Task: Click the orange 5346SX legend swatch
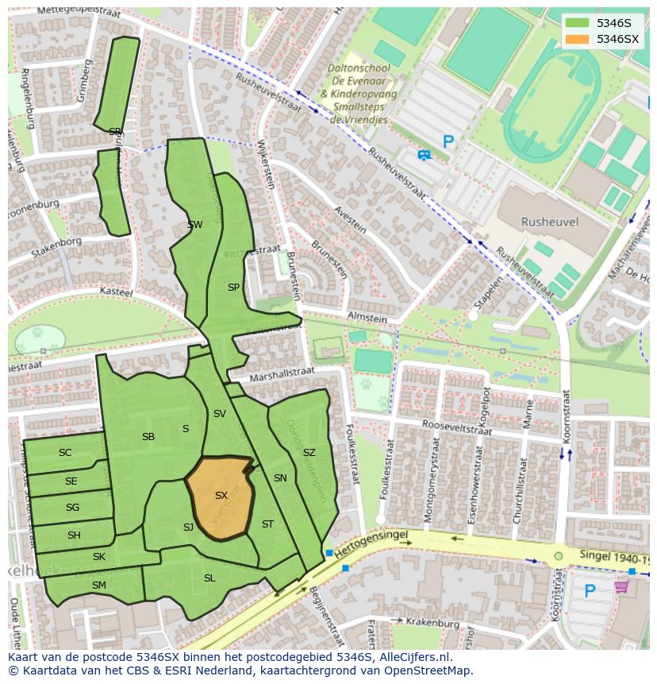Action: click(578, 39)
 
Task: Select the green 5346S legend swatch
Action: click(578, 23)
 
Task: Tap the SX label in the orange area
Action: click(221, 496)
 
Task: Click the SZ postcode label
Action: click(309, 453)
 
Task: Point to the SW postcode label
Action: click(195, 225)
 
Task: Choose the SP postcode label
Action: click(233, 288)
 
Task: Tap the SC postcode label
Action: click(65, 453)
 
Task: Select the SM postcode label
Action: click(98, 585)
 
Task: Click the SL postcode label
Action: click(209, 578)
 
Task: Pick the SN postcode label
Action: click(280, 478)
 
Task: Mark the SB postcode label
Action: click(148, 437)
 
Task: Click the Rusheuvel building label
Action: click(549, 222)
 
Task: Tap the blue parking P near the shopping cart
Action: click(590, 591)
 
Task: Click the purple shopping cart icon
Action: click(621, 586)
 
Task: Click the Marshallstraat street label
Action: click(282, 373)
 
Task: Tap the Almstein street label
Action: click(367, 319)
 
